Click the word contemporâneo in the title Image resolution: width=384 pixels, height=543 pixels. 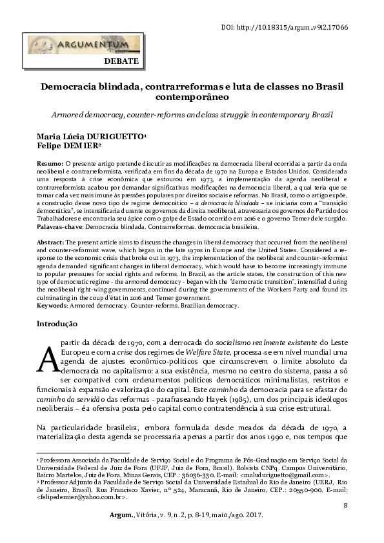pos(192,98)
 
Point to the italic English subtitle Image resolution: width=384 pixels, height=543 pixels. pos(192,114)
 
